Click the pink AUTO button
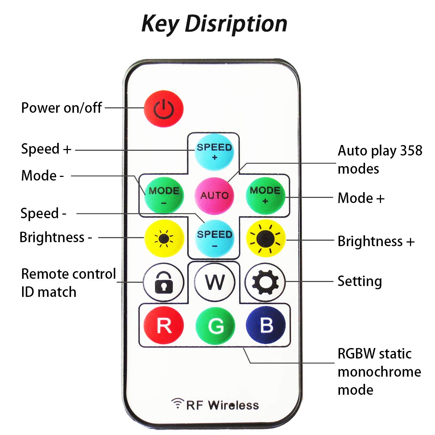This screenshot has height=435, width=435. [x=214, y=196]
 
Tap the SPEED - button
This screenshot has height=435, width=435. [x=214, y=239]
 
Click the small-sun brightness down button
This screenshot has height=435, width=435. [x=164, y=239]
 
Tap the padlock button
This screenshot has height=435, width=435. [x=164, y=282]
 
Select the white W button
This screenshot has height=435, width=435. [x=215, y=282]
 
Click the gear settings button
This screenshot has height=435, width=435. [x=265, y=282]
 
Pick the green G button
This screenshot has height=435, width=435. [x=215, y=326]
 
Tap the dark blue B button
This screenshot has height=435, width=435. [x=266, y=325]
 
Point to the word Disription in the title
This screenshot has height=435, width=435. [x=236, y=24]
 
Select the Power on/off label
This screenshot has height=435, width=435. [x=61, y=108]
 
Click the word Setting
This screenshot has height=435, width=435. [x=360, y=281]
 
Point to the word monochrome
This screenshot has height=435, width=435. [x=379, y=372]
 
